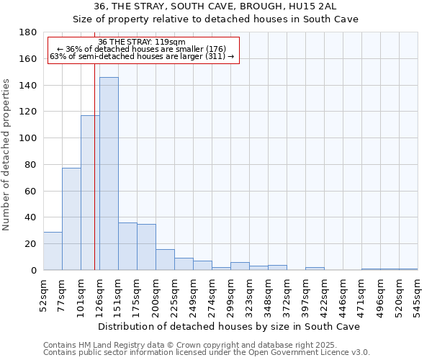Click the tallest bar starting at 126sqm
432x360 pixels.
[x=109, y=174]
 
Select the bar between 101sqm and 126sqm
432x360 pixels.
[x=90, y=192]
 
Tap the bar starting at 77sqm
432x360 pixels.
[x=71, y=219]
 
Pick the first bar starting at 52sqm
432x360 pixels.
[x=53, y=251]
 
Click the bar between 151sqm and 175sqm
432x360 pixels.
[x=127, y=246]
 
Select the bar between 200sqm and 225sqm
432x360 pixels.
[x=165, y=259]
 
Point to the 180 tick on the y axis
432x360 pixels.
[x=28, y=32]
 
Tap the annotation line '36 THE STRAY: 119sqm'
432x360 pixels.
[x=142, y=42]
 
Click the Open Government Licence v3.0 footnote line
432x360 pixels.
[x=207, y=352]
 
